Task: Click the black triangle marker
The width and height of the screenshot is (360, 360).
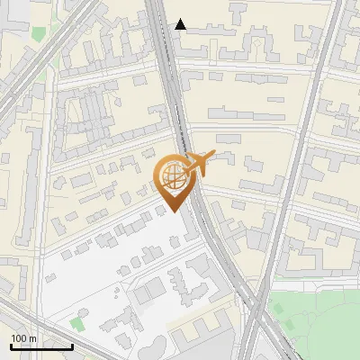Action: pyautogui.click(x=181, y=24)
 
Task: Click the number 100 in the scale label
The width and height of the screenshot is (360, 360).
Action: pyautogui.click(x=20, y=339)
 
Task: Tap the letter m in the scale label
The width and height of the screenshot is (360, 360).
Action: pyautogui.click(x=33, y=339)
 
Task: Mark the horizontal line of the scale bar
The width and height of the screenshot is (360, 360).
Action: pyautogui.click(x=41, y=347)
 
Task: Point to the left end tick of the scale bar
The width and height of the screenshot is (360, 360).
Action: pyautogui.click(x=11, y=346)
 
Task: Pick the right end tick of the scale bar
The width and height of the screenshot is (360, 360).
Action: pyautogui.click(x=72, y=346)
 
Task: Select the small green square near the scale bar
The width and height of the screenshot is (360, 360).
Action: pyautogui.click(x=78, y=323)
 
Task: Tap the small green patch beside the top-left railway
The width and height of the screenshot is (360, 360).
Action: pyautogui.click(x=38, y=33)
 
